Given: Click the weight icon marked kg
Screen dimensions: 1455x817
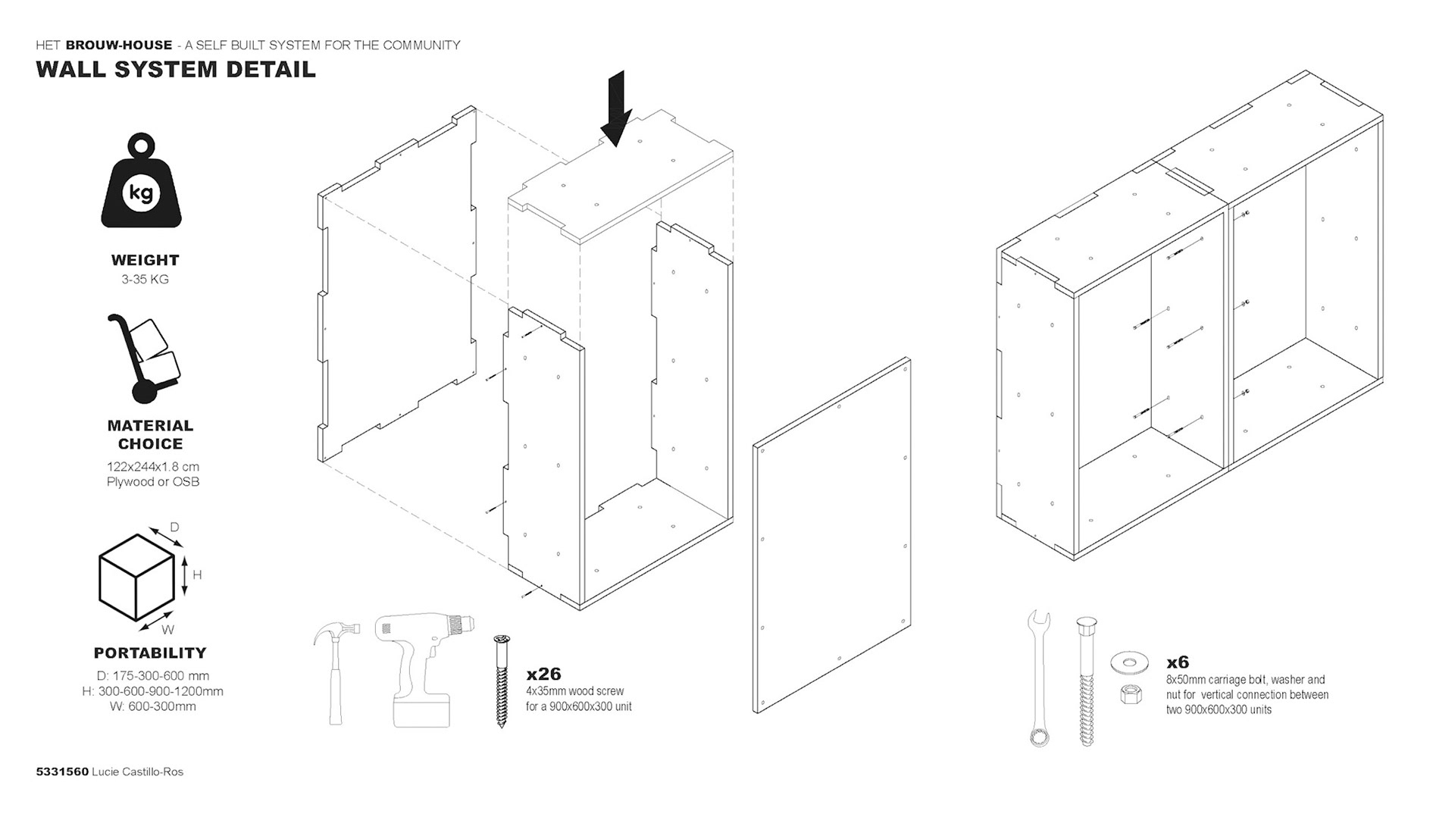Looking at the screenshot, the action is tap(142, 184).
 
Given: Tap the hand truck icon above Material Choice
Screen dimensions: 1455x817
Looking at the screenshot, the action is tap(145, 361).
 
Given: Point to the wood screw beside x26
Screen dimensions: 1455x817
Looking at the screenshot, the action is tap(502, 681).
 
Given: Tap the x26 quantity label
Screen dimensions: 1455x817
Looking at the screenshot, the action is tap(543, 674).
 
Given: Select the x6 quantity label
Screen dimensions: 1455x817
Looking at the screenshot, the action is tap(1178, 662).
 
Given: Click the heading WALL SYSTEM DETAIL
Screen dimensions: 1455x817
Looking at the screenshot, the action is tap(176, 70).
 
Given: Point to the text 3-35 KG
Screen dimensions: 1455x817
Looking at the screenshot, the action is tap(145, 279).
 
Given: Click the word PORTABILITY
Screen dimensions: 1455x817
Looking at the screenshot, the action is tap(150, 653).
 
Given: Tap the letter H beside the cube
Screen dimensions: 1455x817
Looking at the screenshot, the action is tap(197, 574).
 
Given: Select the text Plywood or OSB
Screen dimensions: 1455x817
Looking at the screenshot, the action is tap(153, 482).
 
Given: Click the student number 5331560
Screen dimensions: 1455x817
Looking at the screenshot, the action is tap(62, 772).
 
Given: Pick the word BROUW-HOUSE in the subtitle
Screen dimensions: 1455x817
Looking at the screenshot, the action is tap(119, 45).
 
